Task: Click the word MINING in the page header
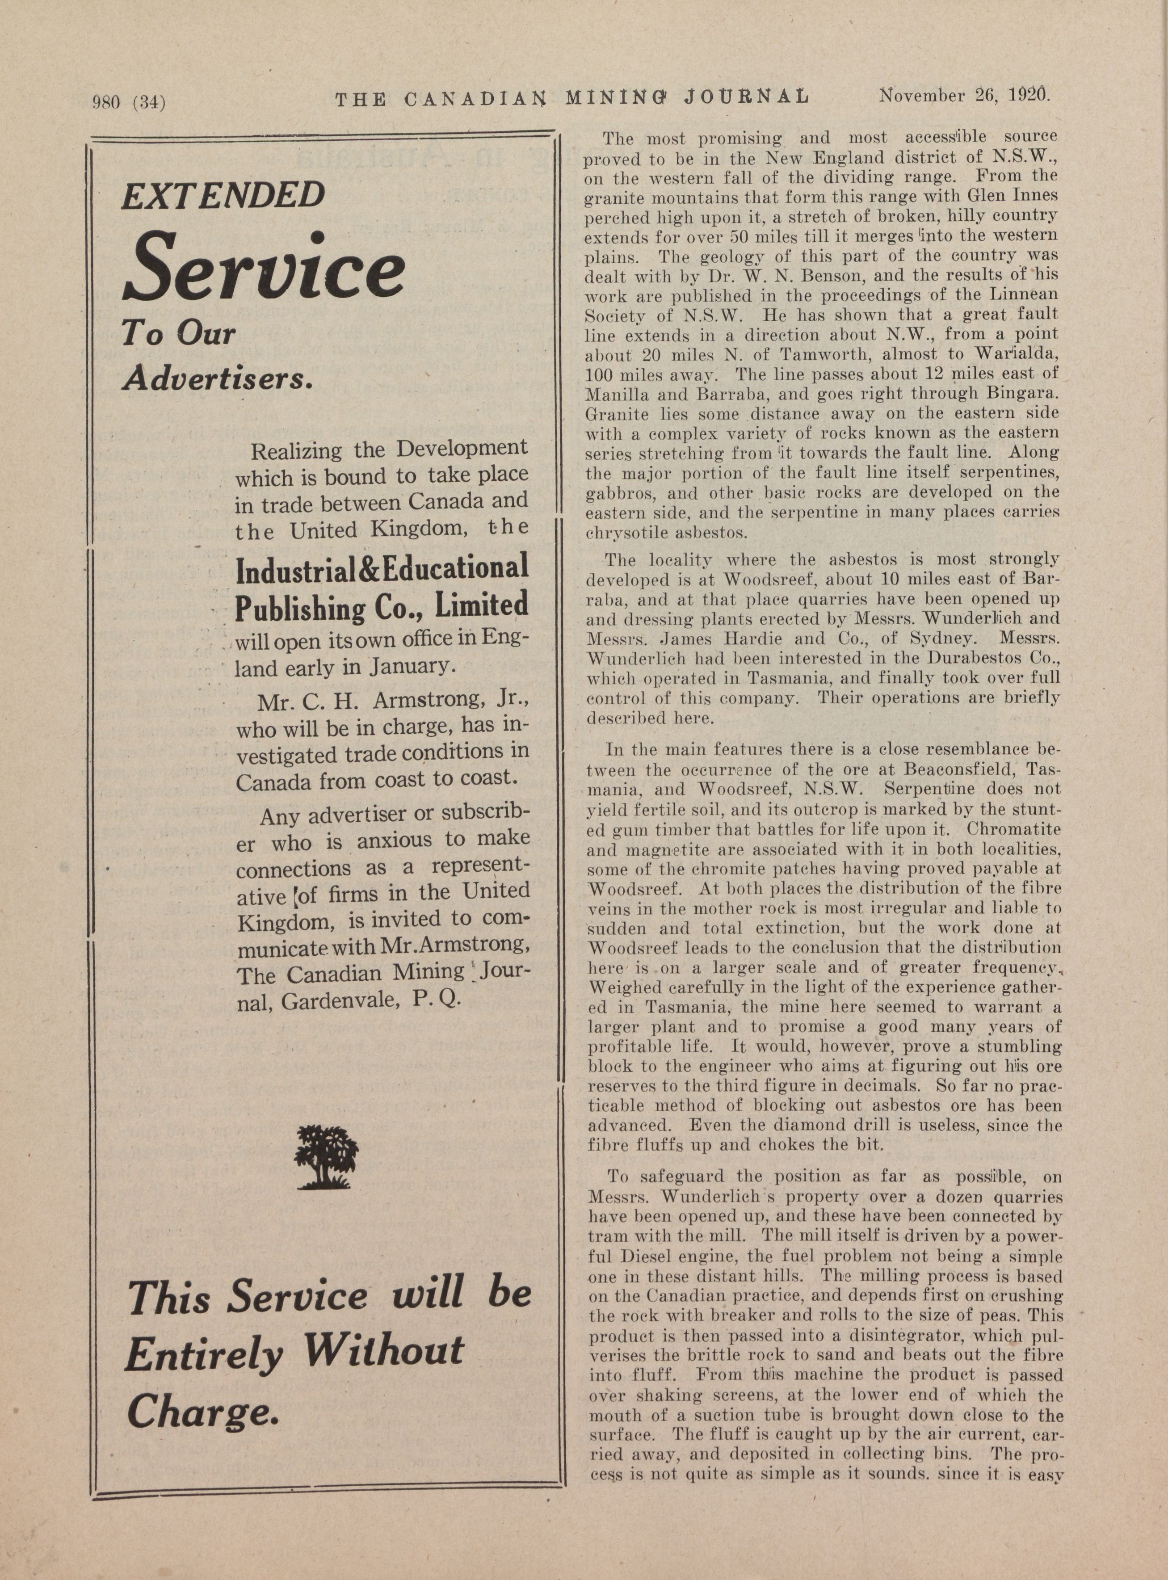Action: coord(613,97)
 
